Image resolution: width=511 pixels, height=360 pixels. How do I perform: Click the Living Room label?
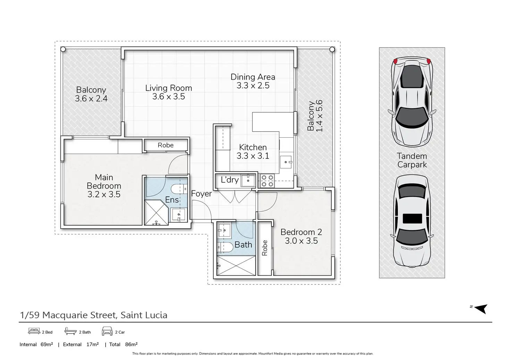169,88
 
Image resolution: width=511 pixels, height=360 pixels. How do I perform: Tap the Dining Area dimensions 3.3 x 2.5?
253,86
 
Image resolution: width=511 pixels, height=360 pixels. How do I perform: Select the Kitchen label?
253,147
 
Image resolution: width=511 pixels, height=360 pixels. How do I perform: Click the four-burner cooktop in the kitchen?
267,181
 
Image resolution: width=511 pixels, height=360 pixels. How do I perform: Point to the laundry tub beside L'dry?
248,180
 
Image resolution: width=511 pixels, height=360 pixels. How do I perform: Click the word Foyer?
201,194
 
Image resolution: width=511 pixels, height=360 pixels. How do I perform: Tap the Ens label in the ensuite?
172,200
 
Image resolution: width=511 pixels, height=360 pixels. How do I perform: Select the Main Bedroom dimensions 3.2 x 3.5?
104,194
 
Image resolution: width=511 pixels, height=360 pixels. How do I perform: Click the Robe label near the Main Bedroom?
166,145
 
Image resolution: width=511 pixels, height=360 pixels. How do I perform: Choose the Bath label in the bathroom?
243,245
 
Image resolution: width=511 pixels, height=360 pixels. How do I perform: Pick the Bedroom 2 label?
301,232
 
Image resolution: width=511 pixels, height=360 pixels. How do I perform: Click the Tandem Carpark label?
412,160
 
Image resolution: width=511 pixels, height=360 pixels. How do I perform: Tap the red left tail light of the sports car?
396,61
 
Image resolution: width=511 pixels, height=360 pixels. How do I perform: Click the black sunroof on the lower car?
412,218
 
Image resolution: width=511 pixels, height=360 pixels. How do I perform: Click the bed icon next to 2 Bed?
34,331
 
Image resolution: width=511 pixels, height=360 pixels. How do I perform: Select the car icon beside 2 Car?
107,331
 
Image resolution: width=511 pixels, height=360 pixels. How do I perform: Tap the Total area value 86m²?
131,344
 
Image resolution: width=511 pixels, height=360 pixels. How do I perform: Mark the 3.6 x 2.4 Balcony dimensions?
91,98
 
